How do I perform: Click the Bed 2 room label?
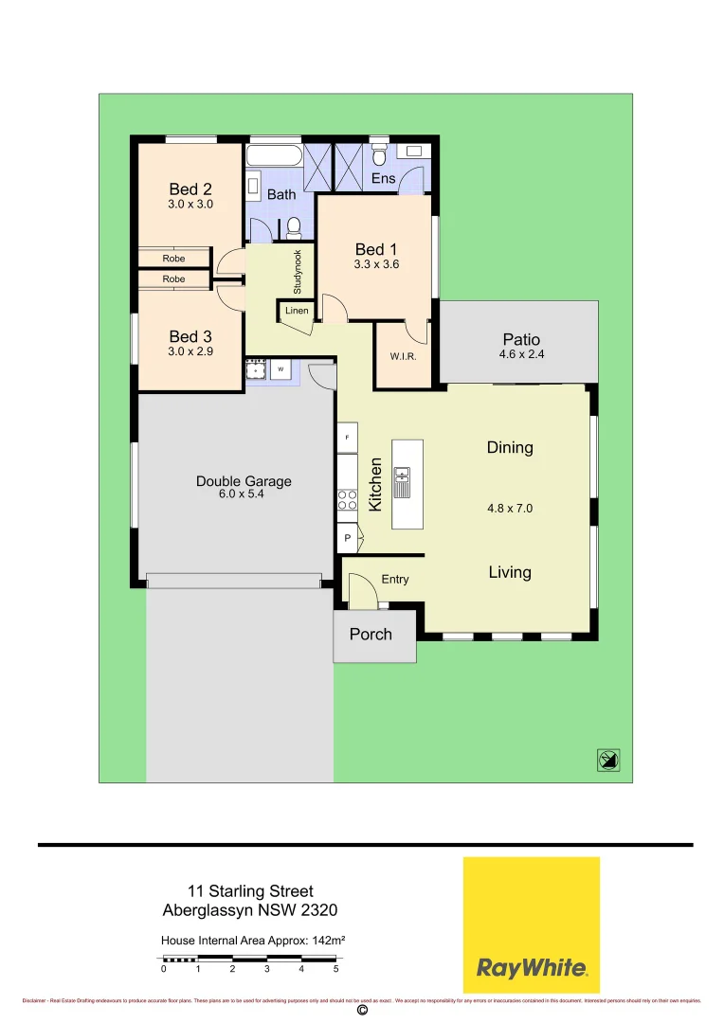[x=190, y=189]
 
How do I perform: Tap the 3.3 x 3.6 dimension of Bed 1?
[x=371, y=265]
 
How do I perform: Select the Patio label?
[x=520, y=339]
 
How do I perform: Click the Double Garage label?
[x=244, y=481]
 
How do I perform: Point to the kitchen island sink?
[x=402, y=482]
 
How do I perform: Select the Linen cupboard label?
[x=297, y=311]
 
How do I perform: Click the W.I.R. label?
[x=403, y=357]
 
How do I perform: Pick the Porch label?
[x=371, y=635]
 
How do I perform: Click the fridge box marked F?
[x=348, y=438]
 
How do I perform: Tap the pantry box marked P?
[x=348, y=539]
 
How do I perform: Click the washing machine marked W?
[x=281, y=369]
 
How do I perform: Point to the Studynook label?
[x=297, y=271]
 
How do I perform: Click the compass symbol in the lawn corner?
[x=608, y=759]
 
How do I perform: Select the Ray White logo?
[x=531, y=924]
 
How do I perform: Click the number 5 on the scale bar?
[x=335, y=969]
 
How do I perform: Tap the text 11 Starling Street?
[x=250, y=891]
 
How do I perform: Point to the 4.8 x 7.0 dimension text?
[x=510, y=508]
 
